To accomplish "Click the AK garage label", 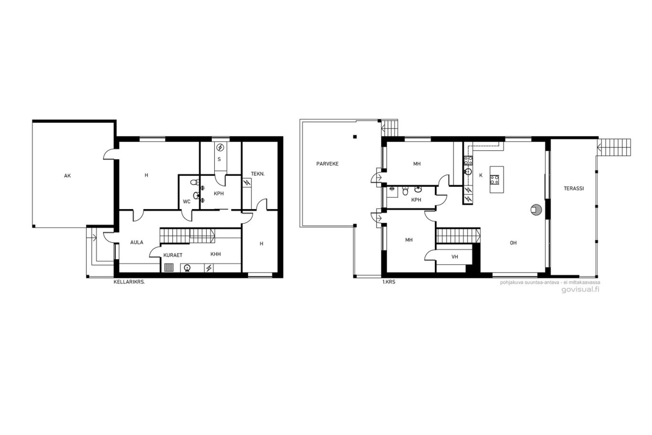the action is point(67,176).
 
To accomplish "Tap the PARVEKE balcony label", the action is point(327,164).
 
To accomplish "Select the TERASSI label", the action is point(574,189).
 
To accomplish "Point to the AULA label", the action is point(137,242).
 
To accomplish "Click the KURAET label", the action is point(173,255).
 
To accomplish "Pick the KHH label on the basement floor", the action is point(215,254).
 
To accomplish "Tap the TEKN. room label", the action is point(258,174).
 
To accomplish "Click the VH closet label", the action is point(455,257).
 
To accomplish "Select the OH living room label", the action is point(513,243).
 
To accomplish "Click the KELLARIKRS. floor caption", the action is point(129,282).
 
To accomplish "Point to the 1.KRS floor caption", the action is point(389,282).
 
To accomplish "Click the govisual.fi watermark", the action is point(580,289).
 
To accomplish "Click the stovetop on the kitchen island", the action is point(494,180).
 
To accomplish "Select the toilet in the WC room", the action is point(194,182).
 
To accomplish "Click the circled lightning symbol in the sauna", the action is point(221,148).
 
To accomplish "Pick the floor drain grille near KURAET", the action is point(169,267).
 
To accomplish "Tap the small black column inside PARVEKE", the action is point(355,137).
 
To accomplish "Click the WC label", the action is point(187,202).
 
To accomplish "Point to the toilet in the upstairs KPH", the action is point(405,191).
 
